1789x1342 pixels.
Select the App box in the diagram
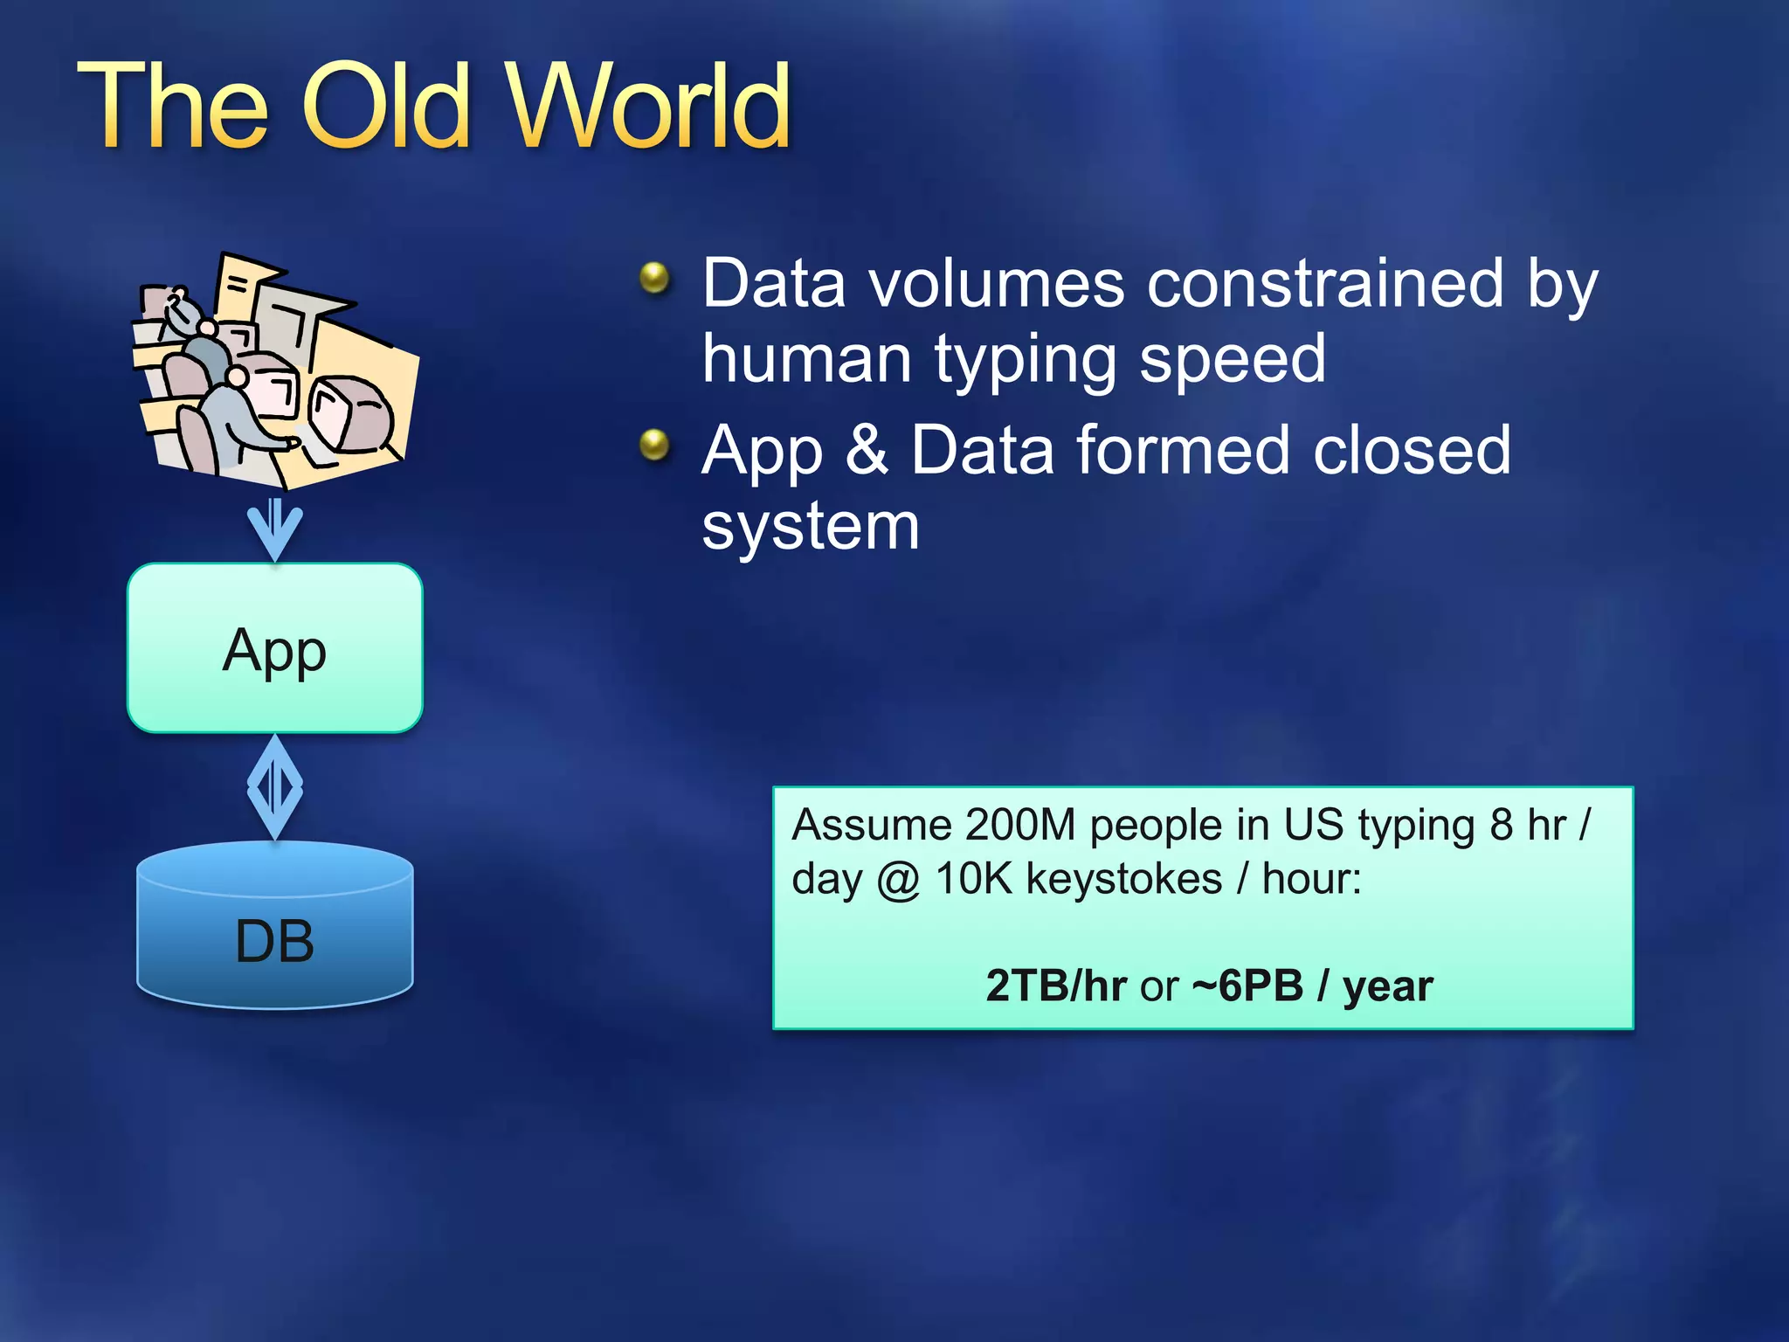[275, 648]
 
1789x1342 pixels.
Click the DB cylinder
[275, 926]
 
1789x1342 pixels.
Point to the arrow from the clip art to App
[275, 529]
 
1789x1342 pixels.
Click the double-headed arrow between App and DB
[275, 787]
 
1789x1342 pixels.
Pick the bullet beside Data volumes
[654, 280]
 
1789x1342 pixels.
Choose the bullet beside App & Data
[654, 446]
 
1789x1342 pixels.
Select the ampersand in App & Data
[867, 450]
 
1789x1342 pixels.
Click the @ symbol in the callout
[898, 880]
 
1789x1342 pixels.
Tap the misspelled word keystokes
[1123, 879]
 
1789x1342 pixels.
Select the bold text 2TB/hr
[1055, 986]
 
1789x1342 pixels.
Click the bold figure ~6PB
[1247, 986]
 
